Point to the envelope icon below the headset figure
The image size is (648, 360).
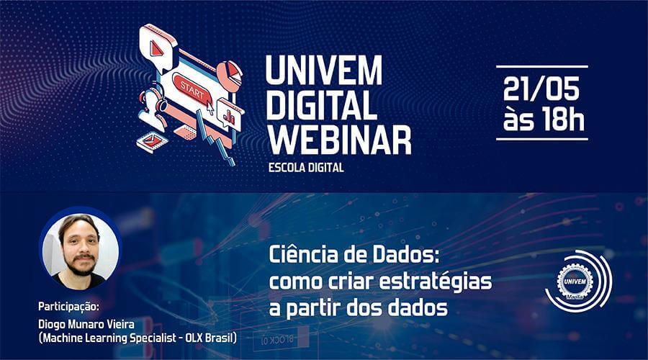(150, 140)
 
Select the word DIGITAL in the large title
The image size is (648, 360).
(321, 106)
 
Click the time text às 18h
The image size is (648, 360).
(541, 120)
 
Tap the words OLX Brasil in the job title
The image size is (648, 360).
(209, 337)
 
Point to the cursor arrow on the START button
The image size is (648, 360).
(210, 105)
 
